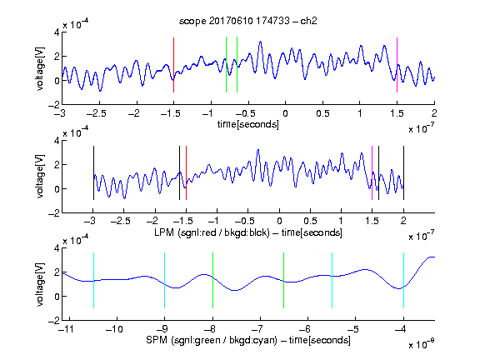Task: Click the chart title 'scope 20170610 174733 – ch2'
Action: (248, 21)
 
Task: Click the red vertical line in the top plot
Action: (173, 65)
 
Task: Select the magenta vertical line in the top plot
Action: (397, 65)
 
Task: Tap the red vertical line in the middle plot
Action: (186, 173)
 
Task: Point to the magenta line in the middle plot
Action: (372, 173)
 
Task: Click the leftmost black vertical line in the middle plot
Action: (93, 173)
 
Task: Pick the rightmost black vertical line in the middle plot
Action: (403, 173)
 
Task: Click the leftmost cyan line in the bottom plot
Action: (93, 280)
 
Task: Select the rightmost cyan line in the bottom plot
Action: (403, 280)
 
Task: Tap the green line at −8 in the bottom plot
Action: (212, 280)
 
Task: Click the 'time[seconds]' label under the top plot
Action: (248, 124)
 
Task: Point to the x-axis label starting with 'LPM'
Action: (248, 232)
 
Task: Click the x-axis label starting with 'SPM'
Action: (248, 340)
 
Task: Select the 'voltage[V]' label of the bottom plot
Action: (40, 284)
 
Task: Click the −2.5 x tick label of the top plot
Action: (97, 113)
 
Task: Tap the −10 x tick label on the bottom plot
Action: (114, 329)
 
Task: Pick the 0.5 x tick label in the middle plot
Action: (310, 221)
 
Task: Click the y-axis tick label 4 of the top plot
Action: (57, 32)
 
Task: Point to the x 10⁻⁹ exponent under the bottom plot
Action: (422, 344)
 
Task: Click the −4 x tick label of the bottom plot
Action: (400, 329)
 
